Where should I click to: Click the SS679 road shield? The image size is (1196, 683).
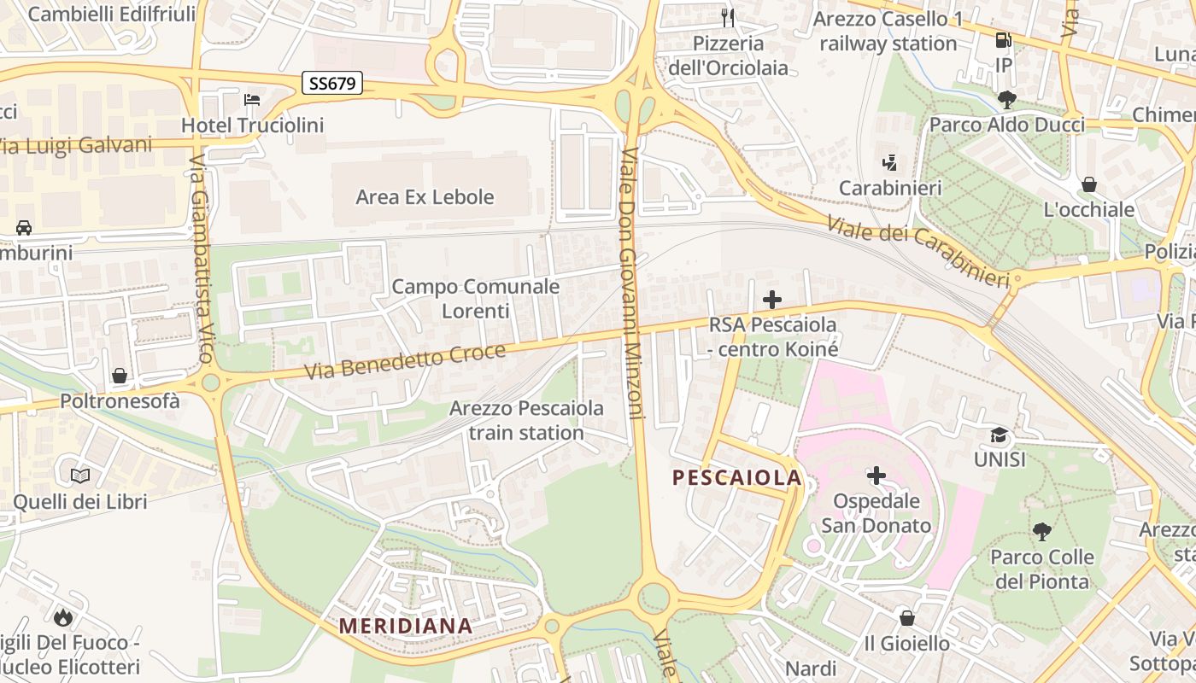332,83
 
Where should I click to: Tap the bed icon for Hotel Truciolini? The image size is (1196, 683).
252,100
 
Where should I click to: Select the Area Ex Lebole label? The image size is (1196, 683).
425,197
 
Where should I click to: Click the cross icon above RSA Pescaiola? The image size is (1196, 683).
772,300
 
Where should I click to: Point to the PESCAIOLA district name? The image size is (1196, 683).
736,477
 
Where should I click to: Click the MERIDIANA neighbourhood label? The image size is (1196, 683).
406,626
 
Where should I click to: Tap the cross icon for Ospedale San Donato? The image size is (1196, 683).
876,476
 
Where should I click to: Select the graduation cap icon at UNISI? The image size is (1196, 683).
999,435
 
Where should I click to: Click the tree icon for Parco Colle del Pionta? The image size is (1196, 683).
1041,532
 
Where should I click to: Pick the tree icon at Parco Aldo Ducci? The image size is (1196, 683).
1007,100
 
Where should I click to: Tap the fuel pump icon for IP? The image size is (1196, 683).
1004,40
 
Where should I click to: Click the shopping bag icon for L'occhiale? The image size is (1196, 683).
1089,184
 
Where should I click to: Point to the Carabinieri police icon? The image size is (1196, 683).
890,162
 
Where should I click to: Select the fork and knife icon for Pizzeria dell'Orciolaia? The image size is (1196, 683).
728,17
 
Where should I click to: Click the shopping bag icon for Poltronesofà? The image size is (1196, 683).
120,376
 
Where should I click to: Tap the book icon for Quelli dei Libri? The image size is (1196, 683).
80,476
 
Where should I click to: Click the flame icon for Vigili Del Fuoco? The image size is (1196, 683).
62,616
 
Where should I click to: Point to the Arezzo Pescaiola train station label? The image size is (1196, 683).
526,420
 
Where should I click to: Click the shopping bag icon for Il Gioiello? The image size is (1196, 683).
906,617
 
